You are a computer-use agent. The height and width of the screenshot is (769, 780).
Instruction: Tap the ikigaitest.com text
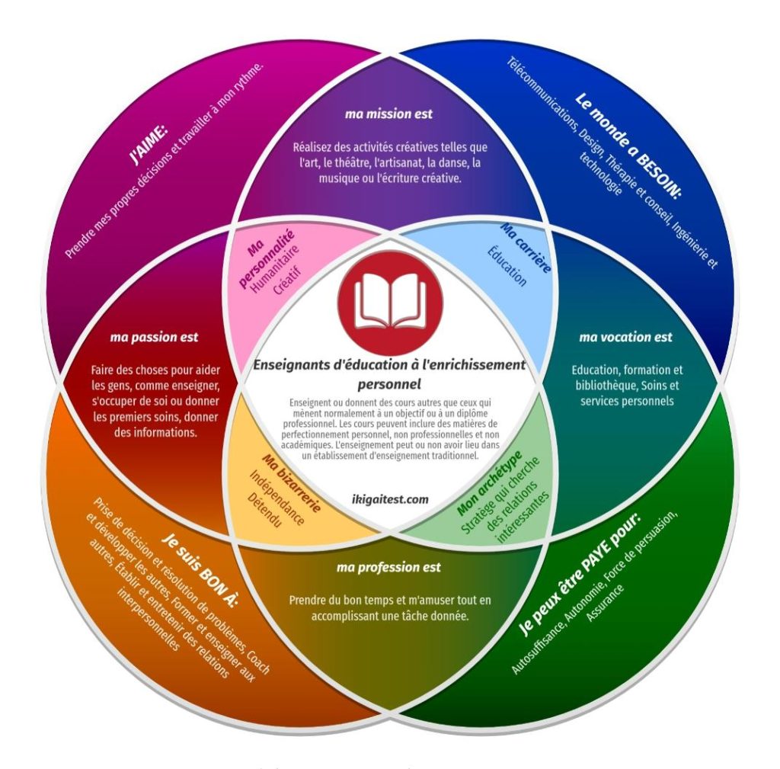pyautogui.click(x=390, y=500)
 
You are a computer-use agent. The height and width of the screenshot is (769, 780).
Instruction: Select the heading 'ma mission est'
pyautogui.click(x=388, y=114)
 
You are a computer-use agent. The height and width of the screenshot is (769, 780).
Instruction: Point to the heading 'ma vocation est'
pyautogui.click(x=625, y=337)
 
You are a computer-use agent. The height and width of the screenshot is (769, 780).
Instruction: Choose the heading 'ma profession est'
pyautogui.click(x=388, y=568)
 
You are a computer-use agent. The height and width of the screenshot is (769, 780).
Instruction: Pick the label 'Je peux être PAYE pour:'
pyautogui.click(x=580, y=572)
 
